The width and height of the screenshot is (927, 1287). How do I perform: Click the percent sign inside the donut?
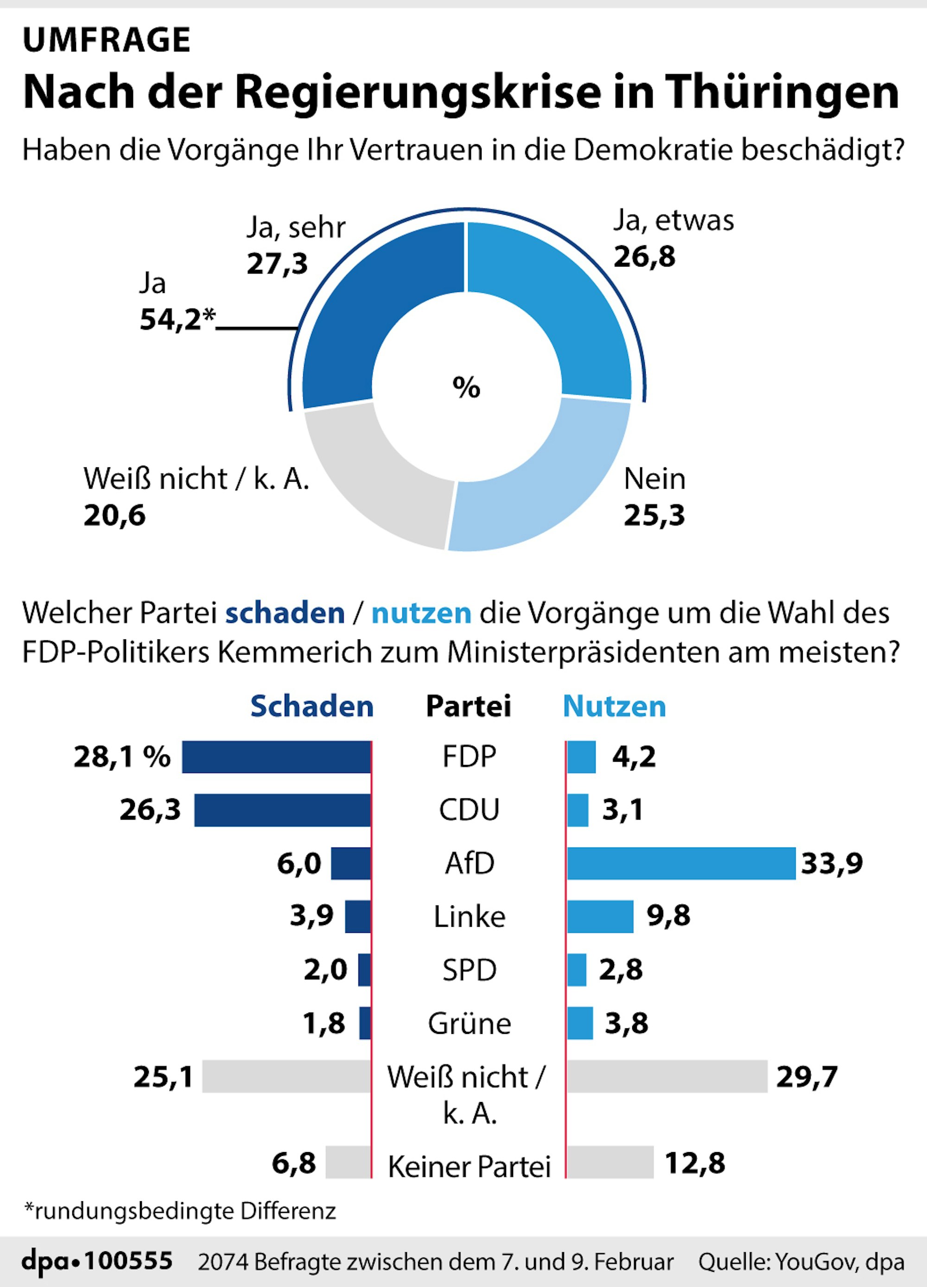[466, 388]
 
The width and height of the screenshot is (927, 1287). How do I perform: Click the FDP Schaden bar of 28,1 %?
[276, 757]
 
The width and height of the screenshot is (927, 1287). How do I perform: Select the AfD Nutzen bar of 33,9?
[681, 863]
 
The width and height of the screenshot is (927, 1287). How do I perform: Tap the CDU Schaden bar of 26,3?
[283, 810]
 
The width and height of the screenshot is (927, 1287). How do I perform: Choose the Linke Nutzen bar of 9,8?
[600, 917]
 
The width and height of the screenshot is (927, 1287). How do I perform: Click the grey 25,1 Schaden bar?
[286, 1076]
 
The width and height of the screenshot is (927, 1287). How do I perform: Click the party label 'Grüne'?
[469, 1024]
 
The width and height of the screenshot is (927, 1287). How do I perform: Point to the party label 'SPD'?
[469, 970]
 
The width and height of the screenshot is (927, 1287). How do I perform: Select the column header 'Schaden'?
[312, 707]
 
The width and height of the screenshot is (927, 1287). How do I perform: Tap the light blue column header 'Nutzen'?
[615, 707]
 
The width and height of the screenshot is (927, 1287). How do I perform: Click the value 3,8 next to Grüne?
[626, 1023]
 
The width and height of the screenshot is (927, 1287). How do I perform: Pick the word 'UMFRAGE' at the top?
[107, 40]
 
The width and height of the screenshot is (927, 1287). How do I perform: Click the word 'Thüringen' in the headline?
[782, 92]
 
